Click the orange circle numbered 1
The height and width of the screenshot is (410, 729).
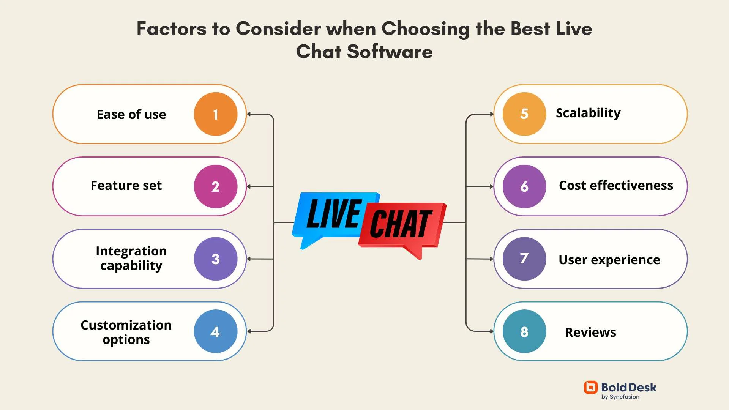point(215,114)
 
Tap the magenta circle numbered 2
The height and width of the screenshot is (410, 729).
point(215,186)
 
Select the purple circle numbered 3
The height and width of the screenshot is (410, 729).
point(215,259)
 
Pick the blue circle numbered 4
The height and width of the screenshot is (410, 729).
point(215,331)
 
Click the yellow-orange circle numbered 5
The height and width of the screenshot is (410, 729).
point(524,114)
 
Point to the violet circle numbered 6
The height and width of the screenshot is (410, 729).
point(524,186)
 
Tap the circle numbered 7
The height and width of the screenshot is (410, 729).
point(524,259)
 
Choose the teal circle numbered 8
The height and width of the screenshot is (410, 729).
point(524,331)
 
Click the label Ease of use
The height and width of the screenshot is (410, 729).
point(131,114)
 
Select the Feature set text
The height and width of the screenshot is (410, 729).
point(126,186)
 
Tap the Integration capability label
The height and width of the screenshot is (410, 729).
point(131,258)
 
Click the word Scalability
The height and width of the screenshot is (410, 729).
point(588,113)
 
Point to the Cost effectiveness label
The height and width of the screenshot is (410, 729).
point(616,186)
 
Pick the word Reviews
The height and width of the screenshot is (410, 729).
point(590,332)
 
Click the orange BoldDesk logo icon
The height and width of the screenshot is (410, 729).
point(590,387)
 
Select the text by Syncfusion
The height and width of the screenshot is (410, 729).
point(620,397)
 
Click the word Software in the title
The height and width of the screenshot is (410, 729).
point(390,52)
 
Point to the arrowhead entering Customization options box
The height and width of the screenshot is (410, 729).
point(249,331)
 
